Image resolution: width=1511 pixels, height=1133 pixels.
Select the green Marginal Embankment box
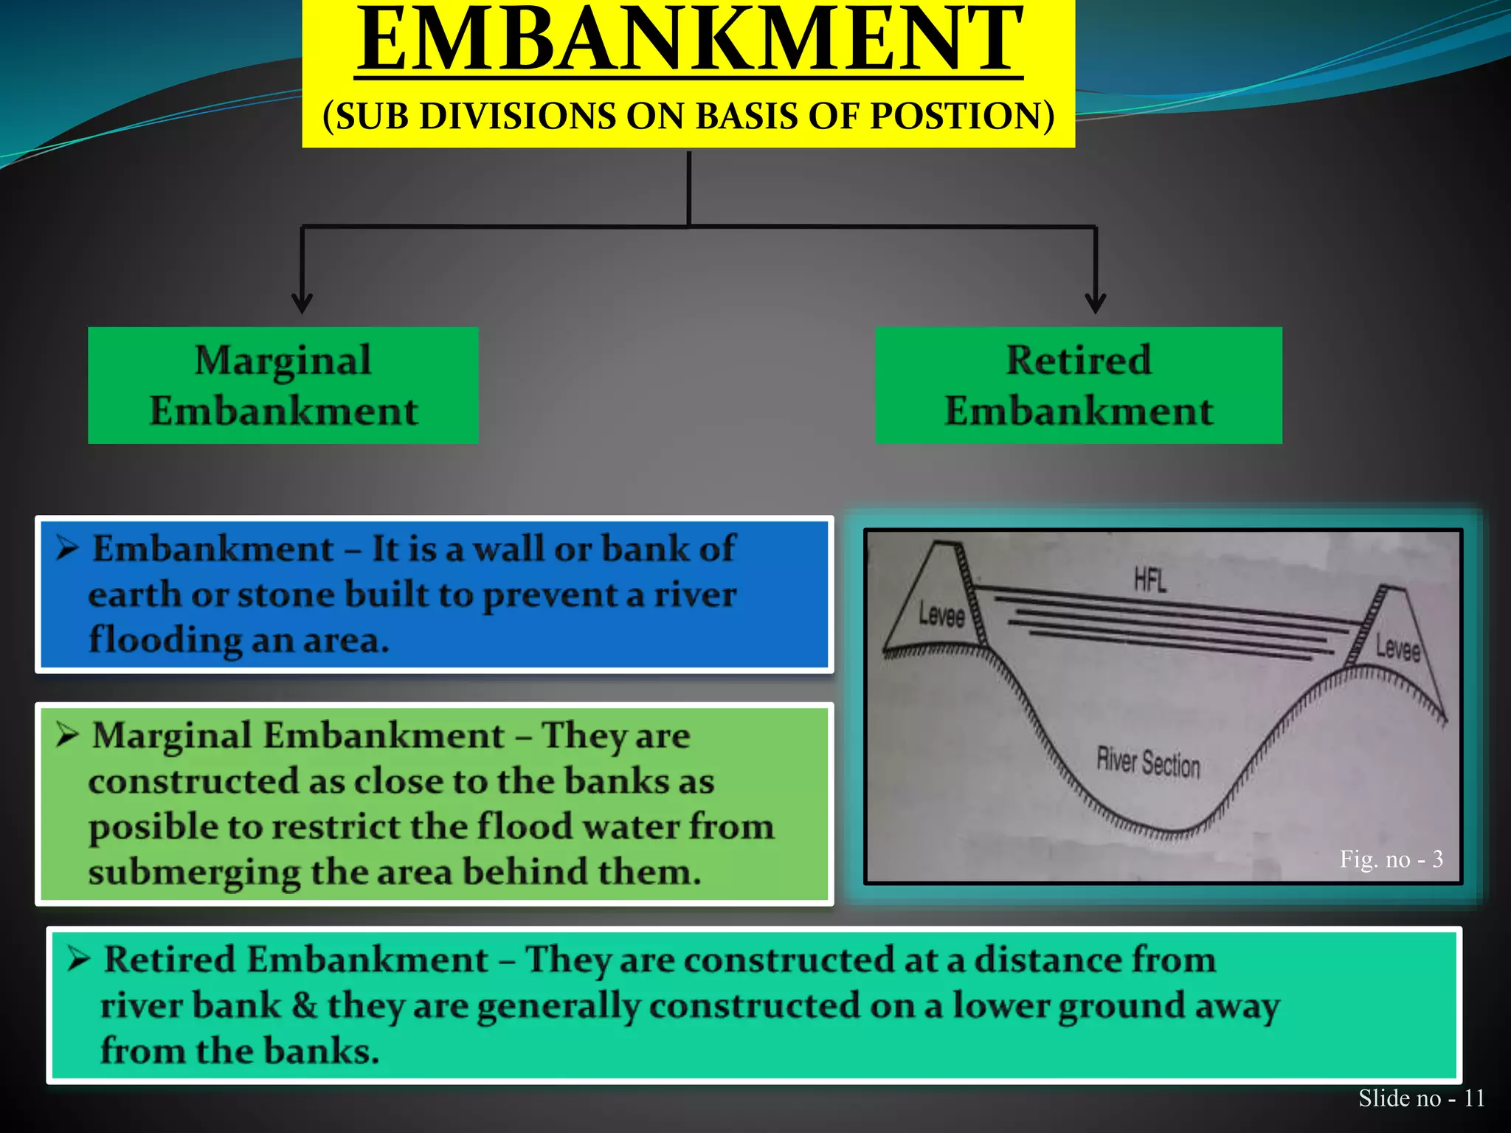(x=283, y=385)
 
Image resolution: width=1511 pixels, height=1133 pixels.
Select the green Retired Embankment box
(x=1078, y=385)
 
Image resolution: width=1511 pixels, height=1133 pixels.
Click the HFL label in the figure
(x=1150, y=581)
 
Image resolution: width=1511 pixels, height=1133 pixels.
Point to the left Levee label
(x=941, y=614)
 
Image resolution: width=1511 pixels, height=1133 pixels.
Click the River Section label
(x=1148, y=762)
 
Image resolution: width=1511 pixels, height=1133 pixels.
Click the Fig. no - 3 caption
(x=1391, y=859)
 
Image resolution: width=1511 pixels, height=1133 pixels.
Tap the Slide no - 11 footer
(x=1421, y=1098)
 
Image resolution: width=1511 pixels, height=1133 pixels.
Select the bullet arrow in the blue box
(x=67, y=549)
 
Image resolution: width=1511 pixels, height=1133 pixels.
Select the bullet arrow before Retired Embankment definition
(x=79, y=960)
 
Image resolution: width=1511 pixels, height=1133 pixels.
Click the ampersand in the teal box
(x=304, y=1005)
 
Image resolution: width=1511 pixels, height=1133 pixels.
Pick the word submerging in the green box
(x=193, y=873)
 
